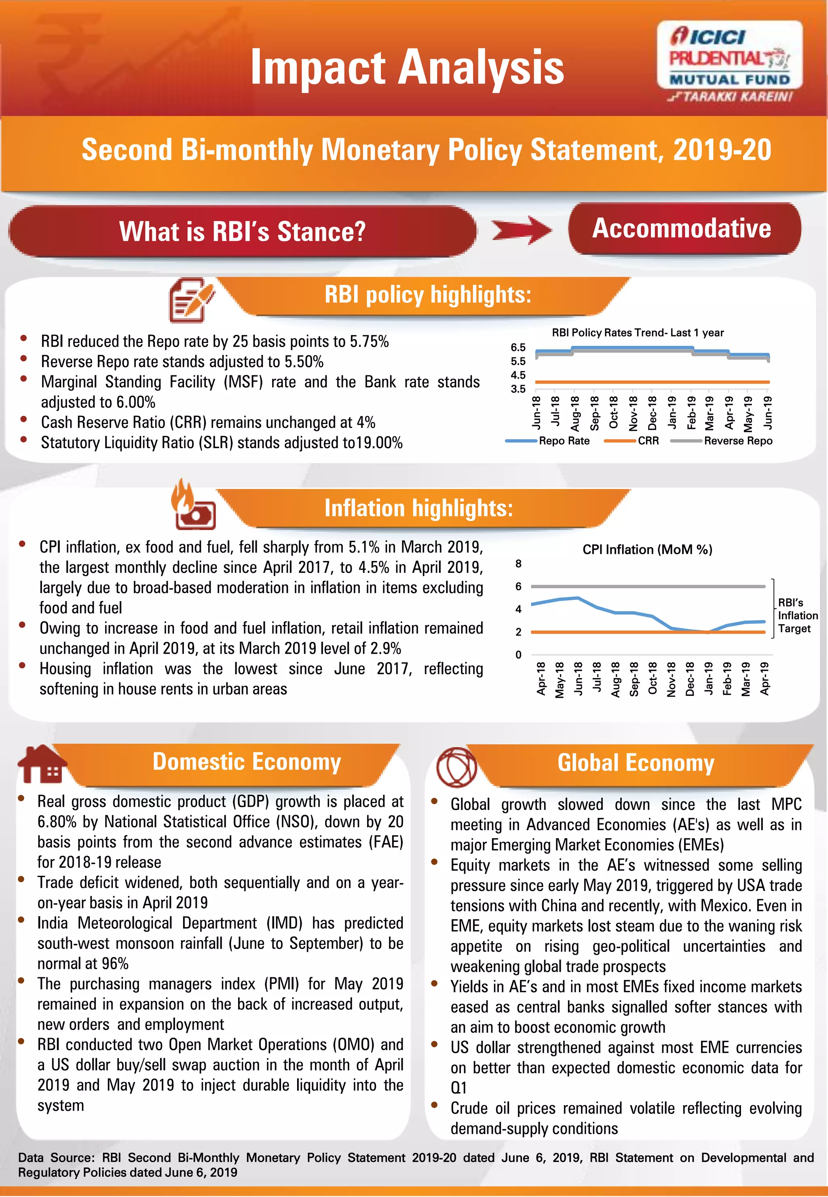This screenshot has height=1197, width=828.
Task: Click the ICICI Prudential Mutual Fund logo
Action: pos(729,61)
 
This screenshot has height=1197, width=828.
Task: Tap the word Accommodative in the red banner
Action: pos(681,229)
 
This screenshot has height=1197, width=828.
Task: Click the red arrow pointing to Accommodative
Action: pos(522,231)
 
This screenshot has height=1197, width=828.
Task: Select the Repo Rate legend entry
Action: pos(564,441)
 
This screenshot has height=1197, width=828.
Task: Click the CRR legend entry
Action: pos(648,441)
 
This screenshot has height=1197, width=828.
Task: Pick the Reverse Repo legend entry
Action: pos(738,441)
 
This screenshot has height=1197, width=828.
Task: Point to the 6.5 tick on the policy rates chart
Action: pos(518,347)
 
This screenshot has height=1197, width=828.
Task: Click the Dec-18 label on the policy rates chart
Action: pos(652,413)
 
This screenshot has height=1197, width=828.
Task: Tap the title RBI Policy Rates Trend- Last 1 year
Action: pos(637,333)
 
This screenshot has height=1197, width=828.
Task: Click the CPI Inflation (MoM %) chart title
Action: pos(647,549)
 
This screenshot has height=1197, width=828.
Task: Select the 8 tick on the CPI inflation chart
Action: pos(518,564)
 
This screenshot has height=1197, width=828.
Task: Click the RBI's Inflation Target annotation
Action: pos(797,615)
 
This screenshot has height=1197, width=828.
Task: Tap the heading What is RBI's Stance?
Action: pos(242,231)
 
